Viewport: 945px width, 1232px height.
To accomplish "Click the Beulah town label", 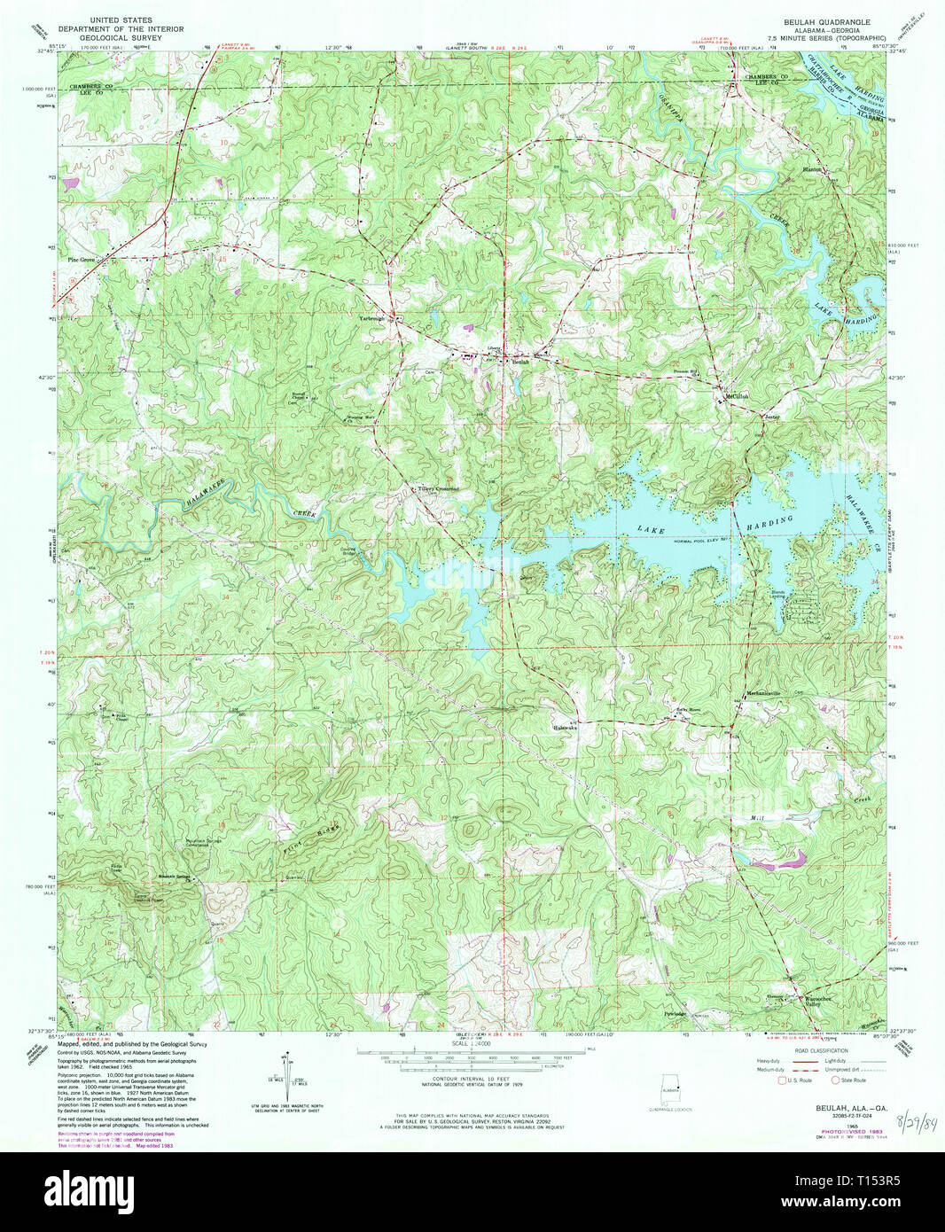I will point(520,362).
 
